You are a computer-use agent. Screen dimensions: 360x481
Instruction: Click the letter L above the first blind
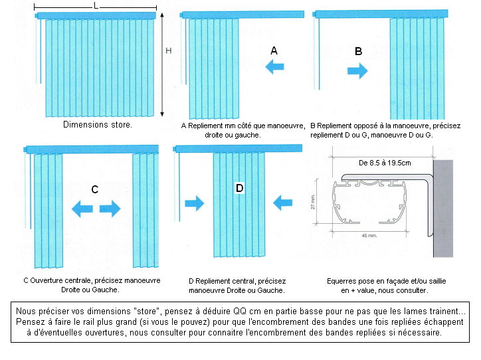(96, 5)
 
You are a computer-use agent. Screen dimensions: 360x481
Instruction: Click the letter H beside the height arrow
(169, 50)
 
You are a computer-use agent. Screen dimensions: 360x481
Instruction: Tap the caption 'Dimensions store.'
(98, 124)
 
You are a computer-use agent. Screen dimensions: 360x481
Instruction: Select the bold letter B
(358, 50)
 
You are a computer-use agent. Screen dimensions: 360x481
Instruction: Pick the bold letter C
(95, 189)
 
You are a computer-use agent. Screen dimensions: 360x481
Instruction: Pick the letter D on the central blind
(240, 189)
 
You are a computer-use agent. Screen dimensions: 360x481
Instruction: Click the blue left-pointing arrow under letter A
(274, 66)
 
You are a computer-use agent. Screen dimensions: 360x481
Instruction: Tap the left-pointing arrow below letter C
(82, 209)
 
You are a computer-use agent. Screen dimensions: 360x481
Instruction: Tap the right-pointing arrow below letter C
(110, 209)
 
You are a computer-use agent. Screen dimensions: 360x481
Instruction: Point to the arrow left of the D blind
(195, 203)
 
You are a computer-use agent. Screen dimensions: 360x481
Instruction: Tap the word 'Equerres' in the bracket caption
(344, 281)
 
